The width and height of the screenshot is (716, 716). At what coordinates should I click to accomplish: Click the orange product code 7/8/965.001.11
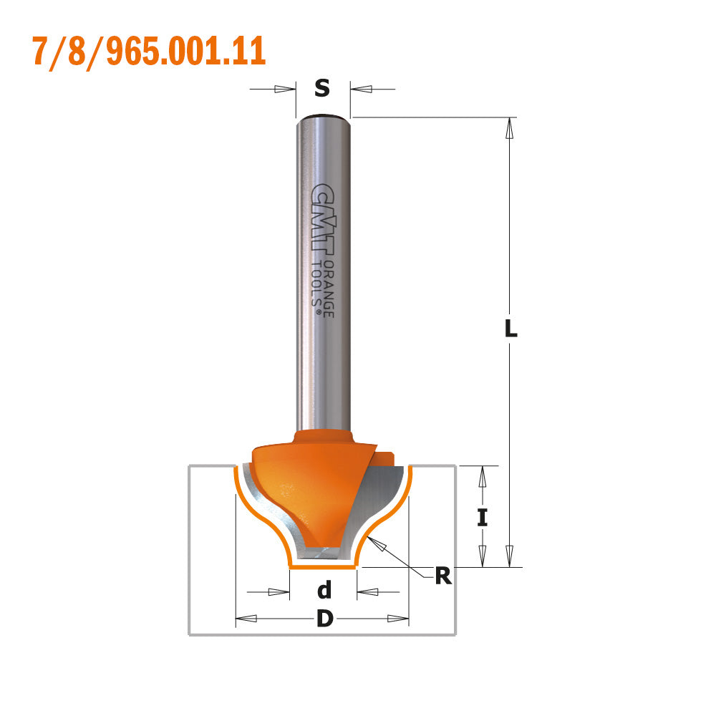[149, 51]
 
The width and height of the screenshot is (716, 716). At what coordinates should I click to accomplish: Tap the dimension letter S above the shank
[322, 89]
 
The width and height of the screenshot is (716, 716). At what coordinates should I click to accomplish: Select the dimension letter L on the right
[510, 329]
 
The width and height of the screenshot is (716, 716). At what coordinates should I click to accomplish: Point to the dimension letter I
[483, 516]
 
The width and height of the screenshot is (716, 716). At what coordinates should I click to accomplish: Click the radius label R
[443, 576]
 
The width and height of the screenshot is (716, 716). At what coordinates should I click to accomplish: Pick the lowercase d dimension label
[324, 591]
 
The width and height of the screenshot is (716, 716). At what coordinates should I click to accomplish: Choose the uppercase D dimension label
[324, 619]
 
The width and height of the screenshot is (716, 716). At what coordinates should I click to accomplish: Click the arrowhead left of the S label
[285, 89]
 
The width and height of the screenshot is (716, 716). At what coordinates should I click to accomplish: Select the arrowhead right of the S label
[362, 89]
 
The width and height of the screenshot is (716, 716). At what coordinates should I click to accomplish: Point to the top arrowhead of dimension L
[510, 127]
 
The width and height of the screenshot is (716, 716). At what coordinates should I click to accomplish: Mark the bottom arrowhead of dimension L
[510, 556]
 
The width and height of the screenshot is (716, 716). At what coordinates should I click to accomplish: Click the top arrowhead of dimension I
[483, 476]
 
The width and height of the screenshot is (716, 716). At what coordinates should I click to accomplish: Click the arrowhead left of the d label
[279, 592]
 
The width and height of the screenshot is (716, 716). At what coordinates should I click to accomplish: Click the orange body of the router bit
[301, 487]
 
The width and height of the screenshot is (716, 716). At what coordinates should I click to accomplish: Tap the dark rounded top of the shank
[322, 116]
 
